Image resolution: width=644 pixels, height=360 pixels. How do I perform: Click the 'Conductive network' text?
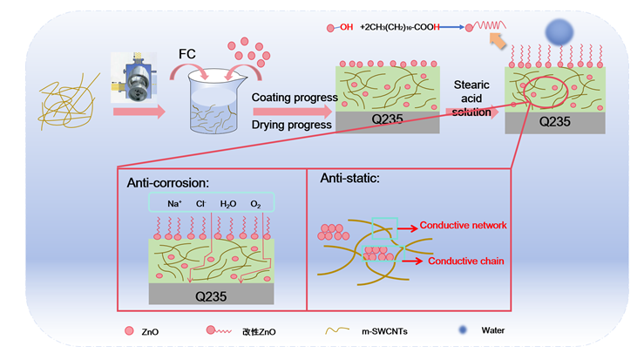point(463,225)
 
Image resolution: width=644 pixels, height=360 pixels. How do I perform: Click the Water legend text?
point(492,330)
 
